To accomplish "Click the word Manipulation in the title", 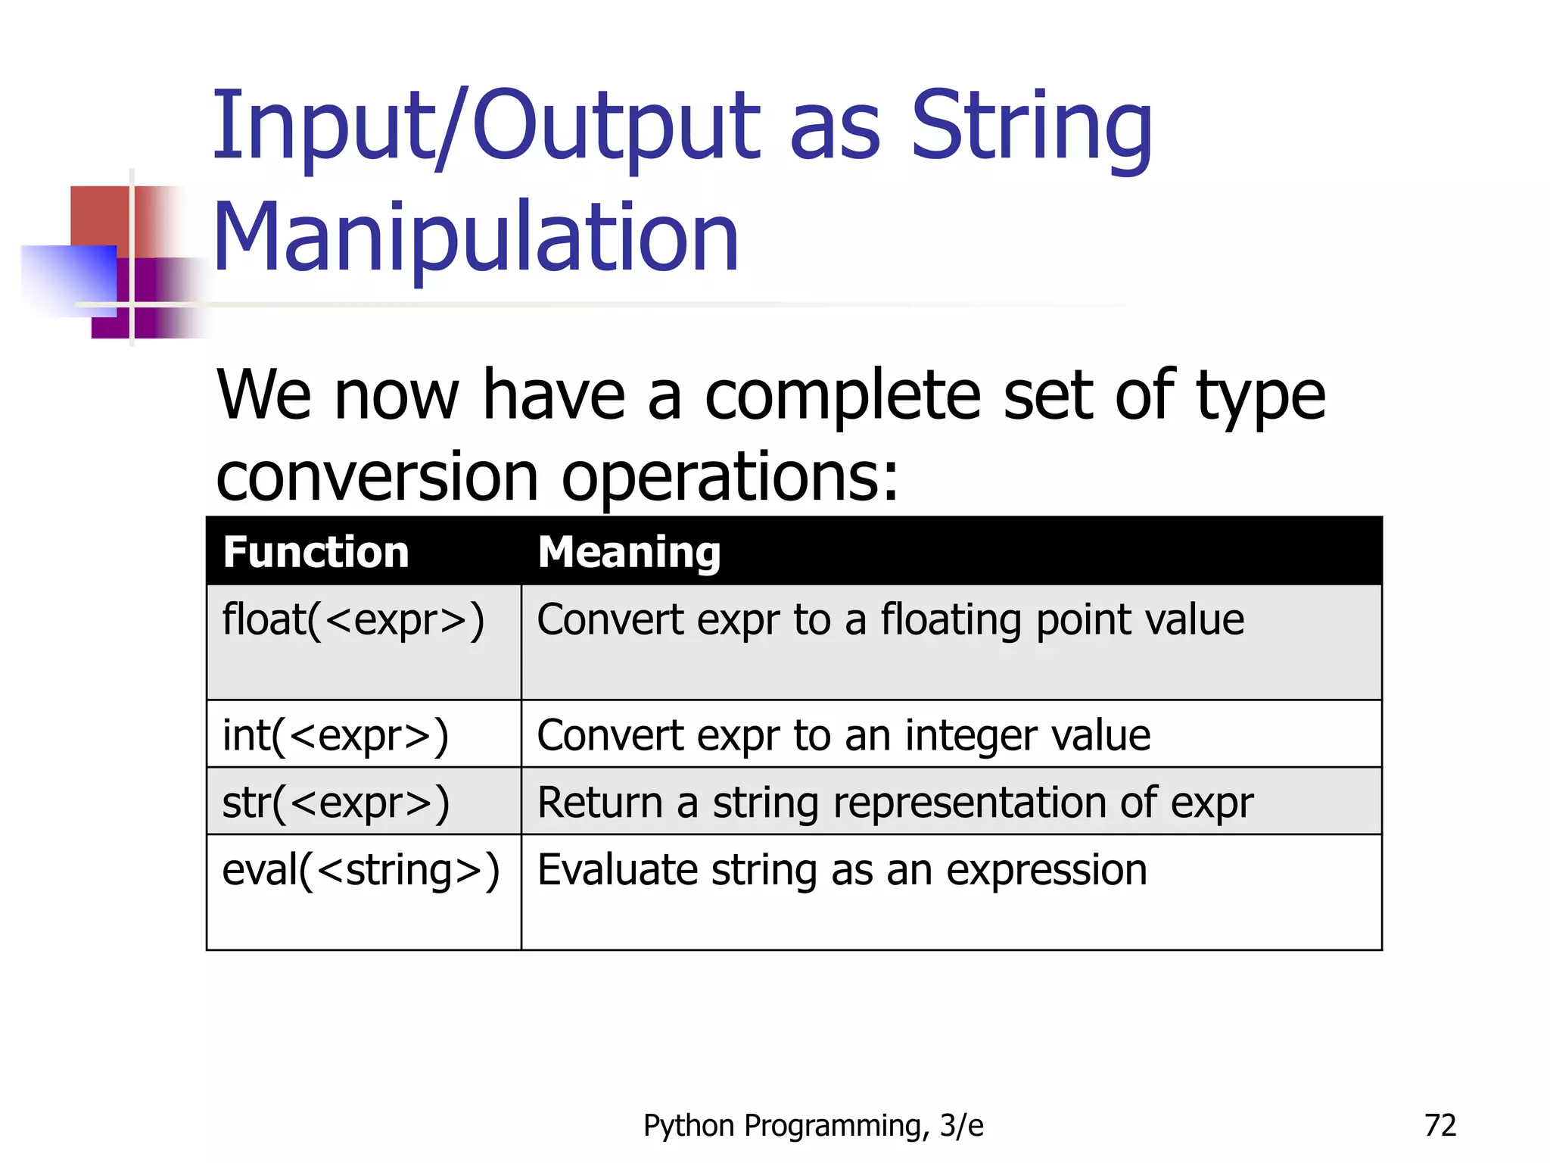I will [x=475, y=237].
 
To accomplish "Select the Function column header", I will [x=316, y=552].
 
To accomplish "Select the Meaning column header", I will [x=628, y=552].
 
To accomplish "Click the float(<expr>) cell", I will [x=353, y=621].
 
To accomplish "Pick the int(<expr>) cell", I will [x=335, y=736].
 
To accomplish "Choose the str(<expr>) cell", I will [x=335, y=803].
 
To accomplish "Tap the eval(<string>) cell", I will [x=360, y=871].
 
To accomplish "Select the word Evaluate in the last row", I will [x=617, y=870].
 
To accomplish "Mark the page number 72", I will [x=1440, y=1125].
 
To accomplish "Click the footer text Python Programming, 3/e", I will [x=813, y=1126].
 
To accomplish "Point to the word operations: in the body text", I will [x=730, y=477].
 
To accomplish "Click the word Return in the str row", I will [x=599, y=803].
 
